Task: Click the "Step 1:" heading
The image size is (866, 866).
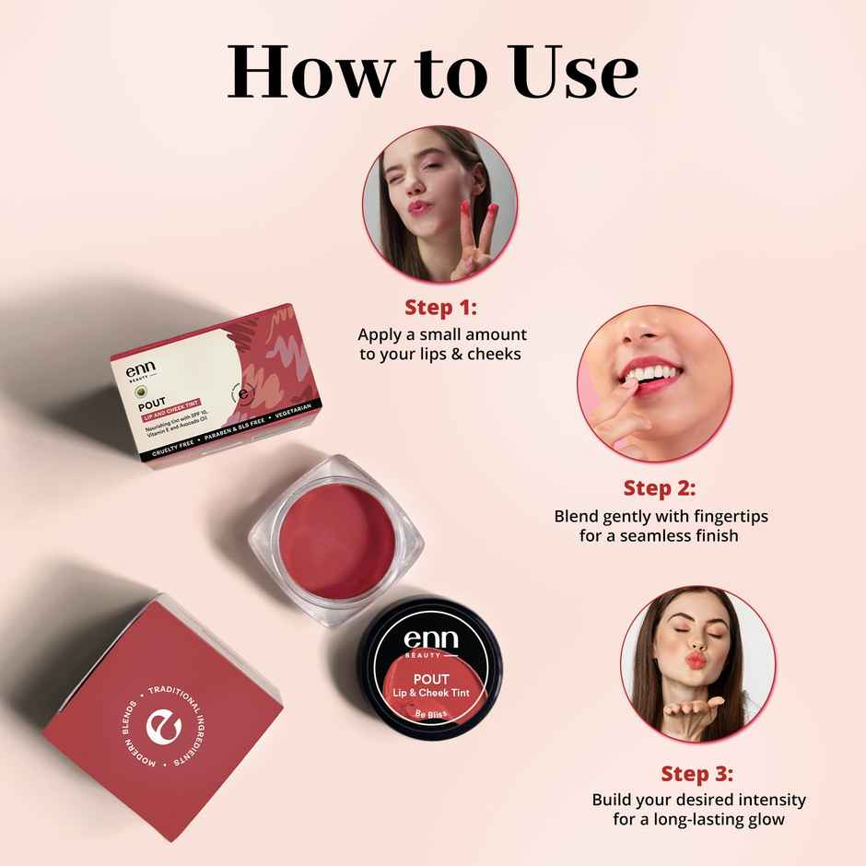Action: click(x=441, y=308)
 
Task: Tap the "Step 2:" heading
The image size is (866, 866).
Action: click(x=660, y=487)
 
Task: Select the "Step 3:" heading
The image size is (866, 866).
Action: click(x=697, y=773)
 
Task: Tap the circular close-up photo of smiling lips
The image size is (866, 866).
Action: click(x=655, y=385)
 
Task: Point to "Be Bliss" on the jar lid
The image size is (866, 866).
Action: click(x=431, y=714)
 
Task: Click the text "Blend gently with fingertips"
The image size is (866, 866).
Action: click(x=661, y=516)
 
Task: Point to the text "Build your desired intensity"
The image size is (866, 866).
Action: click(x=698, y=799)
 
